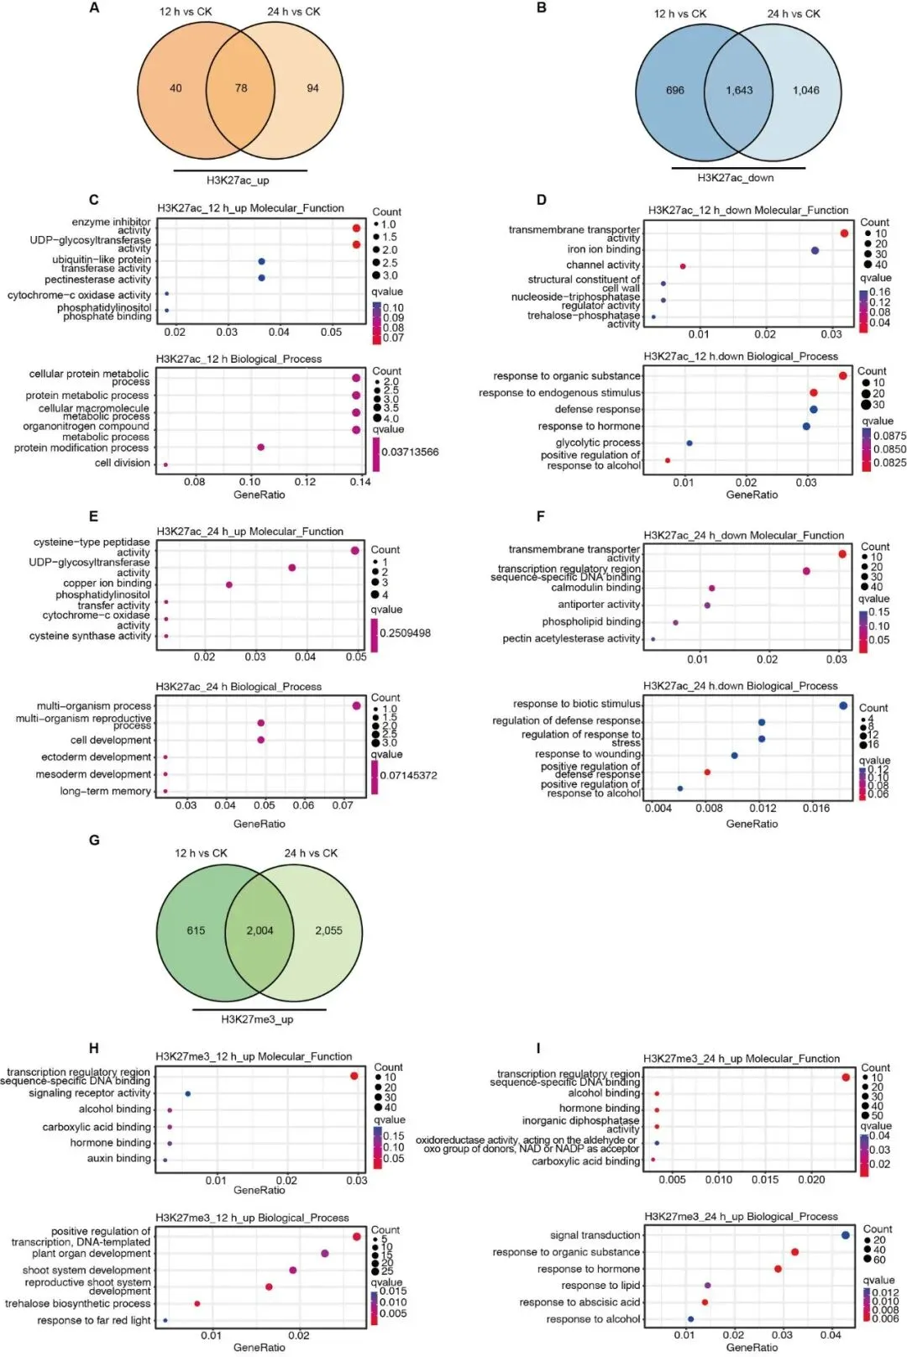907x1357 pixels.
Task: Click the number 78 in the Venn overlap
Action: pos(241,88)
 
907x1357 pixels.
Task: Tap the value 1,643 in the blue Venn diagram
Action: pos(739,91)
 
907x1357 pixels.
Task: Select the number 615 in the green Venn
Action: pos(196,930)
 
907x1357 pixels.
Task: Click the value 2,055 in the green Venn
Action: pos(328,930)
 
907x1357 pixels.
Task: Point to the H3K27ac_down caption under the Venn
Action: pos(736,178)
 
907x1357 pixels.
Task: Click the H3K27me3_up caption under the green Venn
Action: pos(257,1019)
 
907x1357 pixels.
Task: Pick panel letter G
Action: pos(94,840)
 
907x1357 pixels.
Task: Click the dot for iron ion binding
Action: pos(815,250)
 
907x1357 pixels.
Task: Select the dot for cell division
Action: pos(165,464)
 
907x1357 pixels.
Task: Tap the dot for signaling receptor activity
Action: pos(187,1093)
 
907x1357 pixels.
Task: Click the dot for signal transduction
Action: pos(845,1235)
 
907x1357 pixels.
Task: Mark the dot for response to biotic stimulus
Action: pos(842,705)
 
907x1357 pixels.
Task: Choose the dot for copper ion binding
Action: pos(229,584)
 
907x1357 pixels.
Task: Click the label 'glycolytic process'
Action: pos(598,443)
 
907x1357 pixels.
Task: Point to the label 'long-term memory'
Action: pos(105,791)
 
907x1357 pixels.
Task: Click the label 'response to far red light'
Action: pos(94,1320)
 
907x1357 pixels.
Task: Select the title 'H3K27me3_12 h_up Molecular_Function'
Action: pos(254,1056)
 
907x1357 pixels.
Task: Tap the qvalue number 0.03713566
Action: pos(410,452)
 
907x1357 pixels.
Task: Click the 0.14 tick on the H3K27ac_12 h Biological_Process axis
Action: pos(360,482)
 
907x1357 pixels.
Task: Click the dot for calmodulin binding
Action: pos(711,588)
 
